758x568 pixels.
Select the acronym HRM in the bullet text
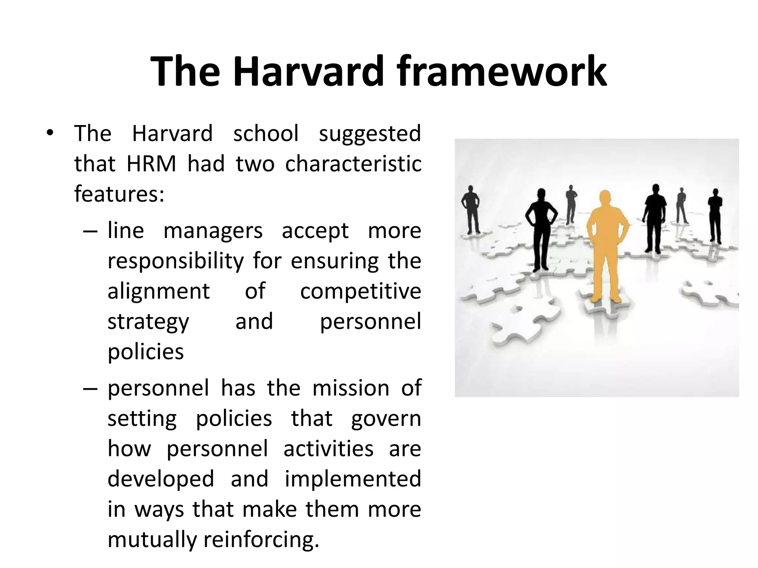[x=151, y=164]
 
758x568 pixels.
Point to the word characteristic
[x=353, y=164]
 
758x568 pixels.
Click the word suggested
[x=370, y=134]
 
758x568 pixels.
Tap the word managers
[x=213, y=231]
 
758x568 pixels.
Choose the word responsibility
[x=175, y=261]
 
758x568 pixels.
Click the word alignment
[x=159, y=291]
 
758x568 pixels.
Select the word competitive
[x=360, y=291]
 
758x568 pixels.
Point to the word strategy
[x=148, y=322]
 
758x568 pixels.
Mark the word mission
[x=351, y=389]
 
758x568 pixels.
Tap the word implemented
[x=353, y=479]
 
